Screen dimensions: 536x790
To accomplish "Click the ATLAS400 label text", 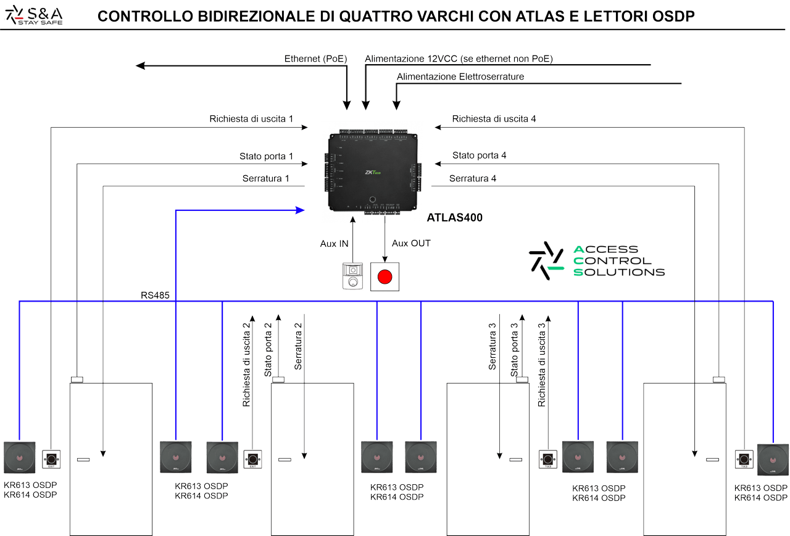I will tap(454, 218).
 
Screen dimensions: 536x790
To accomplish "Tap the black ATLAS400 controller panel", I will tap(372, 172).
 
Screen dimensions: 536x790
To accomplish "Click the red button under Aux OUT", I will tap(385, 276).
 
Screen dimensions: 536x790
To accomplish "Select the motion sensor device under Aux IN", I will tap(352, 276).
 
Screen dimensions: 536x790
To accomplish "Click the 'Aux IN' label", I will tap(334, 244).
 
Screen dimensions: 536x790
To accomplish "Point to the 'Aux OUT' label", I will tap(411, 244).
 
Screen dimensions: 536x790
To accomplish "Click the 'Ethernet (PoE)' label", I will tap(315, 59).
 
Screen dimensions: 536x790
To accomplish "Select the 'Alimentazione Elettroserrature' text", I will tap(460, 76).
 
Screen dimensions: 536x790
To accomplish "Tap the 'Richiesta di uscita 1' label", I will tap(251, 118).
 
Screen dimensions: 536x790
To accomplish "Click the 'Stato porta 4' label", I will tap(479, 155).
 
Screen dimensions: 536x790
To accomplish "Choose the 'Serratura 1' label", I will tap(265, 179).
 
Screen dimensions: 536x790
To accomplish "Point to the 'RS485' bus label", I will tap(155, 296).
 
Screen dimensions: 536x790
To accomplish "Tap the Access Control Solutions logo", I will tap(597, 260).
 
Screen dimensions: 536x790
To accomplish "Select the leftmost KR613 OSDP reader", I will tap(20, 458).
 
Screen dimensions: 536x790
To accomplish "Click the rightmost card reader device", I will tap(773, 460).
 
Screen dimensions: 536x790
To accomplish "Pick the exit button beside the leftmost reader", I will tap(51, 459).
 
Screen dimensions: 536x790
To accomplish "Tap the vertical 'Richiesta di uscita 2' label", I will tap(247, 364).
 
